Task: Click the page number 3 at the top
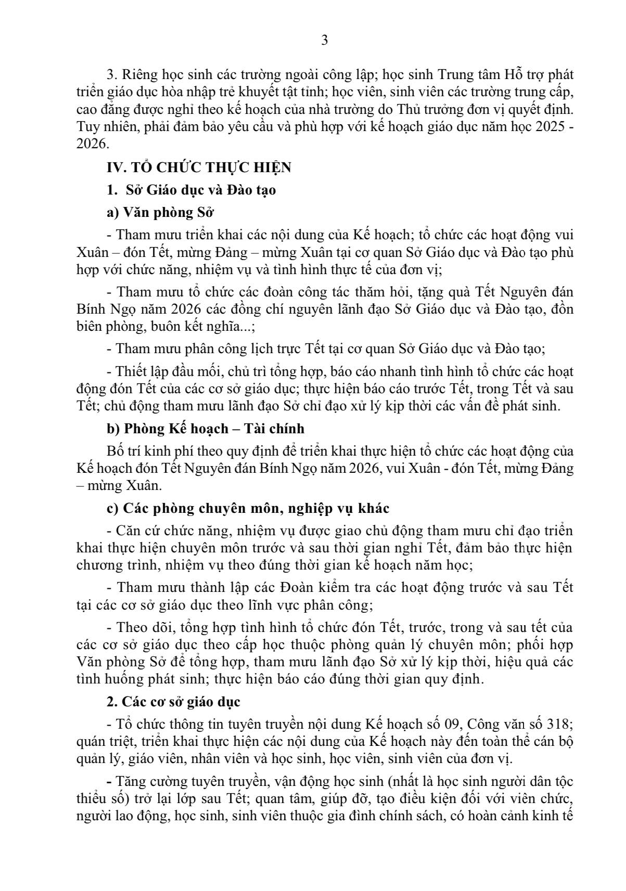click(x=324, y=41)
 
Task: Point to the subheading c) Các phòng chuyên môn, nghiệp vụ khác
click(x=247, y=508)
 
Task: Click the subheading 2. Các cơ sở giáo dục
click(x=173, y=702)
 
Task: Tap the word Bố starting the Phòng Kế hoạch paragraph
click(x=113, y=451)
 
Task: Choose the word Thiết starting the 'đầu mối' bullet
click(x=130, y=372)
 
